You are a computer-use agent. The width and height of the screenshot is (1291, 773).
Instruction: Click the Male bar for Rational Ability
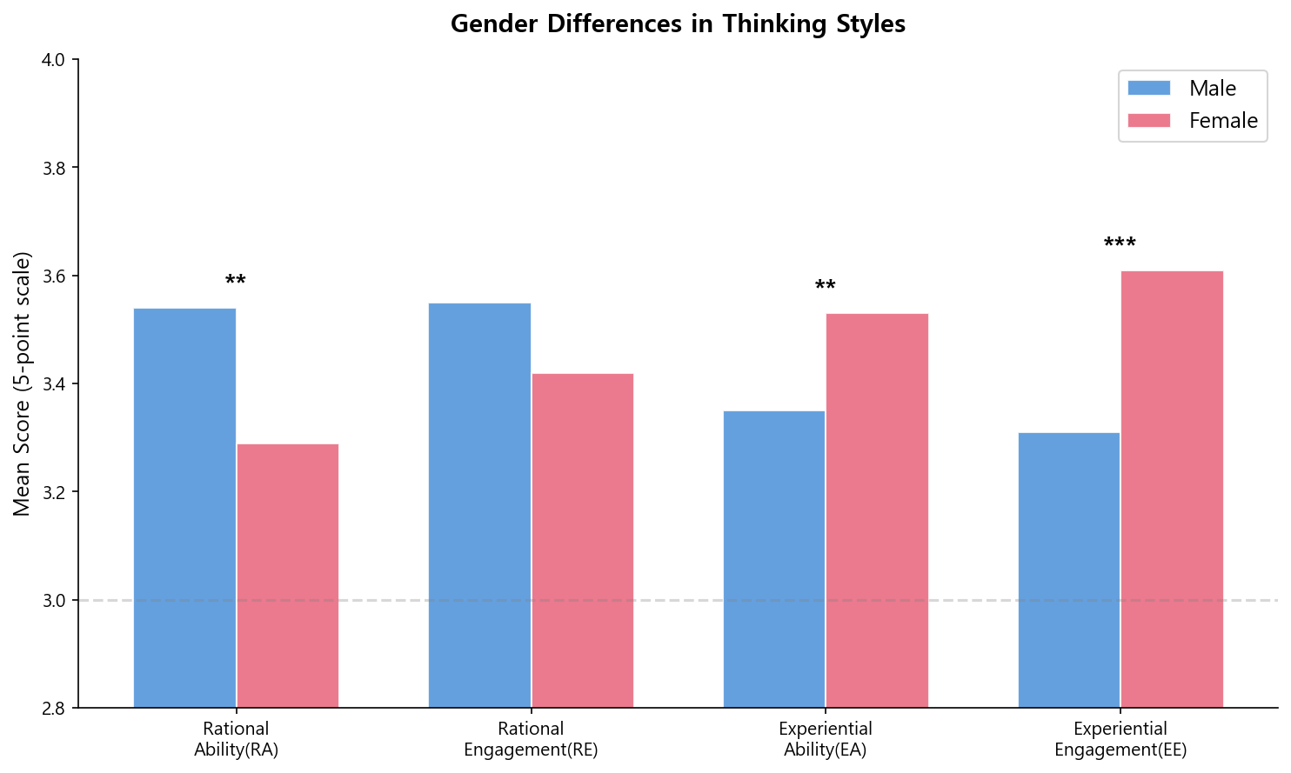tap(184, 508)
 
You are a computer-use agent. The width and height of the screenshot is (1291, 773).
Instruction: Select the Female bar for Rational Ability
tap(288, 576)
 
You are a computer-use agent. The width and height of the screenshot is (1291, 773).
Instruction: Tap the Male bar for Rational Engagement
tap(479, 505)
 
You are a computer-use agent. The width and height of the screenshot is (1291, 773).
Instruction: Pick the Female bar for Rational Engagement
tap(583, 540)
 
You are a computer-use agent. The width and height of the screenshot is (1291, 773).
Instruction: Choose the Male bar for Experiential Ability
tap(774, 559)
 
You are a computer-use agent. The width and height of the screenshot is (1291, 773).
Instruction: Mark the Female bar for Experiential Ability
tap(877, 510)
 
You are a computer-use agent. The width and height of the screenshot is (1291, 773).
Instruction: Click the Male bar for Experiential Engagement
tap(1069, 570)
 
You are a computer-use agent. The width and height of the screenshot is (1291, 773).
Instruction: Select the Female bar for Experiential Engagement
tap(1172, 489)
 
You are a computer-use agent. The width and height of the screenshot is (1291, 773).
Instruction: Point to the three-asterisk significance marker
tap(1120, 243)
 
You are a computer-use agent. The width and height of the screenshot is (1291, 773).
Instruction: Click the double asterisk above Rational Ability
tap(236, 281)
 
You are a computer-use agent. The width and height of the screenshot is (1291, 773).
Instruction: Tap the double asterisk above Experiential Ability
tap(826, 286)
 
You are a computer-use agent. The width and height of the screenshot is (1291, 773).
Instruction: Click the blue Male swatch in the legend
tap(1149, 88)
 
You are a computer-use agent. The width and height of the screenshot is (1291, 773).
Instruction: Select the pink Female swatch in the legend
tap(1149, 120)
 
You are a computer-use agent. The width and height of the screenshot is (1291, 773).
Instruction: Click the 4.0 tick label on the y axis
tap(54, 60)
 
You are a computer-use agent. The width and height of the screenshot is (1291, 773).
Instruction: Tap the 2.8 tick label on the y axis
tap(54, 709)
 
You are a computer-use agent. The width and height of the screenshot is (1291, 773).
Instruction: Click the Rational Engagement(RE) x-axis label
tap(531, 739)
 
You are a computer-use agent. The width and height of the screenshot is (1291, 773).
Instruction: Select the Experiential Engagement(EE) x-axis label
tap(1120, 739)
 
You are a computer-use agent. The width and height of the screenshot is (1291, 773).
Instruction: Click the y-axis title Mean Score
tap(23, 383)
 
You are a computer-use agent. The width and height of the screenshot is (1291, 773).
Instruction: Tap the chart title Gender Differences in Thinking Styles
tap(678, 23)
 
